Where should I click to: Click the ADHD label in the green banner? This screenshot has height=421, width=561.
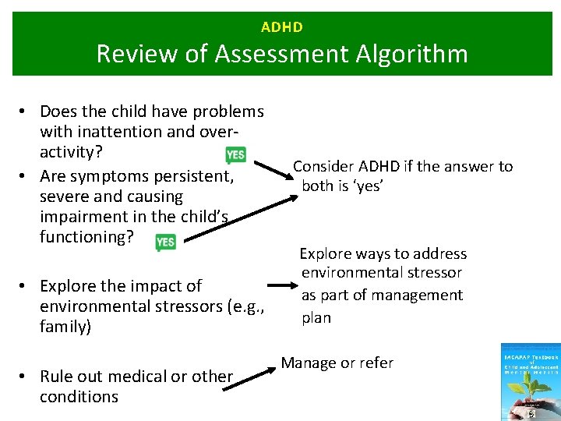[282, 27]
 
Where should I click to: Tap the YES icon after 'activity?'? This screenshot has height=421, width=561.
[235, 154]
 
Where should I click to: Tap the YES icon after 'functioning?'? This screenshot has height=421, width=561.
[165, 242]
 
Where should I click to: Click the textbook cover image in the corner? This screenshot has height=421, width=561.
[530, 382]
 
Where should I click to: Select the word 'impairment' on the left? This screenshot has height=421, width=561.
[80, 217]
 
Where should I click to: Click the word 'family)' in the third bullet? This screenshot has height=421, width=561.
[65, 327]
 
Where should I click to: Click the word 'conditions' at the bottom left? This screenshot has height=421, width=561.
[79, 397]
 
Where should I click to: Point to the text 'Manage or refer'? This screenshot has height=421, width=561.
[337, 363]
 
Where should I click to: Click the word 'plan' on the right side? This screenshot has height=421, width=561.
[316, 317]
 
